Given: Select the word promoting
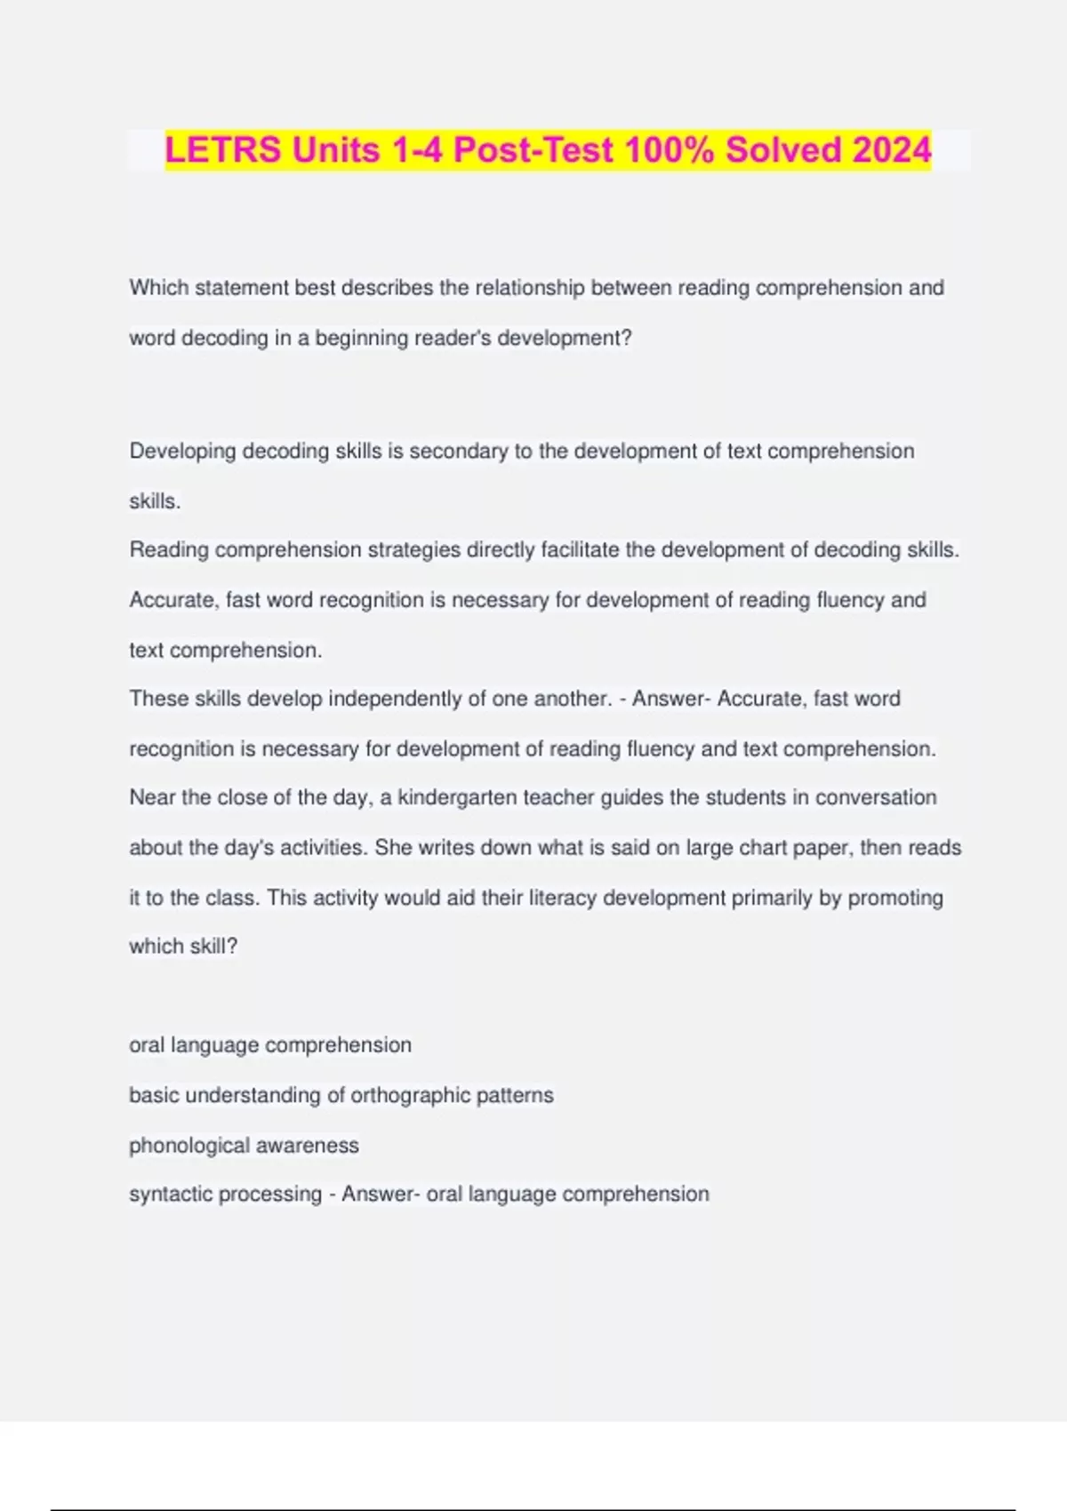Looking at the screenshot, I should [x=895, y=898].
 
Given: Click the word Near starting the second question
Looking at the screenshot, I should [x=152, y=798].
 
